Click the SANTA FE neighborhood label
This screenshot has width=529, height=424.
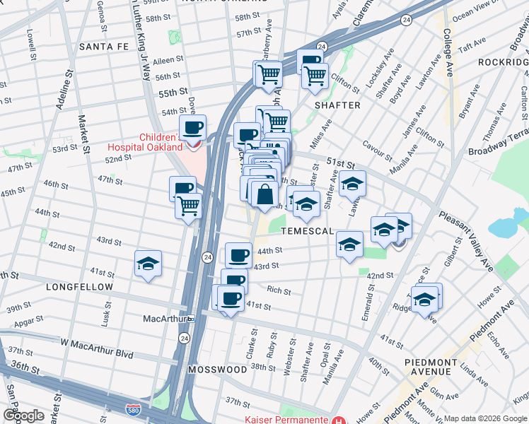coord(105,47)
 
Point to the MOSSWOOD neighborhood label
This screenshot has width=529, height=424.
coord(218,370)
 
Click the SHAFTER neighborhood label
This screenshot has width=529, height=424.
coord(337,105)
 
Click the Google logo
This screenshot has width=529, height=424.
coord(23,415)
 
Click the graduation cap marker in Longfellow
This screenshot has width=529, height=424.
coord(149,264)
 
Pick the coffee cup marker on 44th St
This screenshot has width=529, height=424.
coord(238,254)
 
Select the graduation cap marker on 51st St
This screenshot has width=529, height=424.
coord(352,184)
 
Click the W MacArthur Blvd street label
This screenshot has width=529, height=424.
coord(97,343)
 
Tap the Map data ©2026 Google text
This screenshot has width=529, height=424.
coord(485,418)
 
